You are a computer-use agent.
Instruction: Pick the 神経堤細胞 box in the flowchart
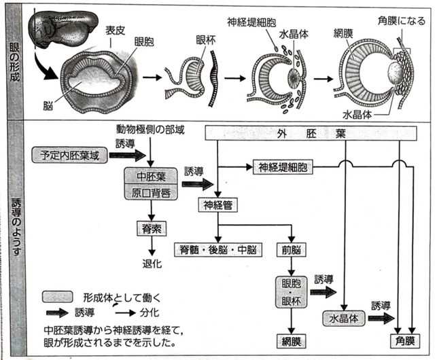[x=283, y=166]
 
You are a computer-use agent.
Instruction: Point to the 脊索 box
[x=149, y=229]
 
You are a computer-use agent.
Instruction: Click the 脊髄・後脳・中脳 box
[x=217, y=250]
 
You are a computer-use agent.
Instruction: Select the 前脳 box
[x=291, y=250]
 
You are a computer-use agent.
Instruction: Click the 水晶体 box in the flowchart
[x=345, y=318]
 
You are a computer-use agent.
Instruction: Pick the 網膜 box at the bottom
[x=291, y=340]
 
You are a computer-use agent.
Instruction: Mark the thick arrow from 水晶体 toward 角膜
[x=382, y=318]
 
